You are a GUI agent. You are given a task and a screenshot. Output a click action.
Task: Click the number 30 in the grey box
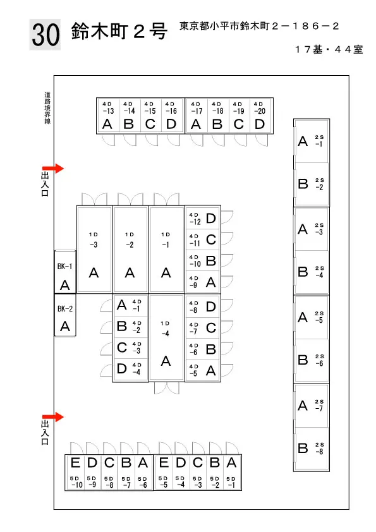coord(45,35)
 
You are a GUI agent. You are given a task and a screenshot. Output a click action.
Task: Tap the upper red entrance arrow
coord(53,168)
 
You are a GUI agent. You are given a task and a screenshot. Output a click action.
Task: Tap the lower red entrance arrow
coord(53,416)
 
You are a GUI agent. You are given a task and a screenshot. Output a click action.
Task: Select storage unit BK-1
coord(65,272)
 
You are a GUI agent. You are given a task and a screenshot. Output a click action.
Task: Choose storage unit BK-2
coord(65,315)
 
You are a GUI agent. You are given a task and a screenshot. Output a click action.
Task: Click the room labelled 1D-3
coord(94,250)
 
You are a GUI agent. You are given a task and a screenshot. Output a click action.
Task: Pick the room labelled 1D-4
coord(166,337)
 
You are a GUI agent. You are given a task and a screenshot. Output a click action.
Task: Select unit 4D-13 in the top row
coord(107,116)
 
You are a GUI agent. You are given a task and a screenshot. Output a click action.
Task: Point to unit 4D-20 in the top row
coord(260,116)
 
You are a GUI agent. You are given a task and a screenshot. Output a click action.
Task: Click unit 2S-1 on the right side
coord(312,141)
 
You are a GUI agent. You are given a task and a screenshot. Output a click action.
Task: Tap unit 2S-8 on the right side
coord(312,449)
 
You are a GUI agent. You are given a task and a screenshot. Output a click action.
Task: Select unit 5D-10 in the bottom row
coord(75,472)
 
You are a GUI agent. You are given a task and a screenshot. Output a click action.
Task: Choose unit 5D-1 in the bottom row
coord(232,472)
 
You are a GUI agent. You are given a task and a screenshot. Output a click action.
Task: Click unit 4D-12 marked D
coord(203,218)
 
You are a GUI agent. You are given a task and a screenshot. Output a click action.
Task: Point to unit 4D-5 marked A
coord(203,370)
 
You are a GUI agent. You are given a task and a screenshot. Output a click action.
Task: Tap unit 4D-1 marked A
coord(131,305)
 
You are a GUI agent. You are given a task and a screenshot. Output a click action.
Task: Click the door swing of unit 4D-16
coord(173,140)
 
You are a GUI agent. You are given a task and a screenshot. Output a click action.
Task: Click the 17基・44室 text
coord(329,49)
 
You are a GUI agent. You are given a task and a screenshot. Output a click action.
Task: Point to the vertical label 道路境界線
coord(47,107)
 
